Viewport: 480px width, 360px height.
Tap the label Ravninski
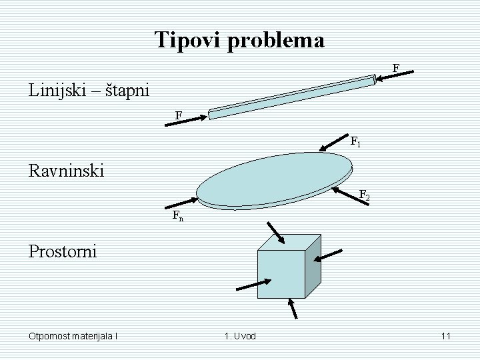pos(67,171)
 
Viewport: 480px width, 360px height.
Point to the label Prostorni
pos(63,251)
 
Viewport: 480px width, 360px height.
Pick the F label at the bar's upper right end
pos(396,68)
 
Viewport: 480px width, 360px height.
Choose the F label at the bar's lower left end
pos(179,115)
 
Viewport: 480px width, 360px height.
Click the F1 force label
pos(356,141)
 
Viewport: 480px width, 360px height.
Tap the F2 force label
pos(364,195)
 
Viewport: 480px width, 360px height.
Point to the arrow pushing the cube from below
pos(291,309)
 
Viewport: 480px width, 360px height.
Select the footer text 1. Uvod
pos(239,336)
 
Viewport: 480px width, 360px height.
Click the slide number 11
pos(445,336)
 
